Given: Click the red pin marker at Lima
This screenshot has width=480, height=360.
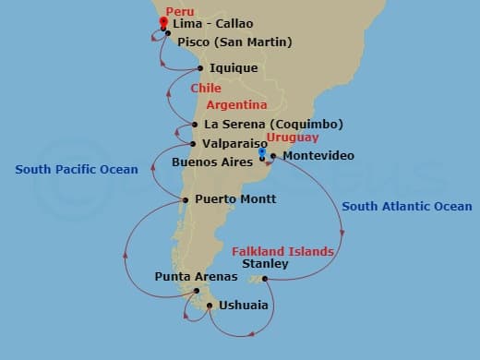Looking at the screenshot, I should click(x=163, y=22).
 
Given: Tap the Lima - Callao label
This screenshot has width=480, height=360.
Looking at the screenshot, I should click(x=212, y=23).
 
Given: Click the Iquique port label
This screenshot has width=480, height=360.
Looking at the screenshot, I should click(x=234, y=68).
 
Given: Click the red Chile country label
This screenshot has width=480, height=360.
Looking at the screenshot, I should click(x=205, y=89).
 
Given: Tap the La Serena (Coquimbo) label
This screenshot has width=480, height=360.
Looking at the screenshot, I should click(x=273, y=125).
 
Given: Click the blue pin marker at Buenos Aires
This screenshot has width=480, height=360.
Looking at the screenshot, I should click(x=263, y=155).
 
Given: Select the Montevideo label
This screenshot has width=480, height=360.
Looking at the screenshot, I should click(x=318, y=156).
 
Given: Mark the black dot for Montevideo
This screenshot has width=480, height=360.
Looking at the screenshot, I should click(x=273, y=156).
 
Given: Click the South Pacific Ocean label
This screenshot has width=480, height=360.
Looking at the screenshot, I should click(x=77, y=170).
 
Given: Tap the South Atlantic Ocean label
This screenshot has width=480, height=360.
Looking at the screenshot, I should click(x=406, y=207).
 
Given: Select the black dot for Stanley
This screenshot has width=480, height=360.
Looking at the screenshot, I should click(x=265, y=279).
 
